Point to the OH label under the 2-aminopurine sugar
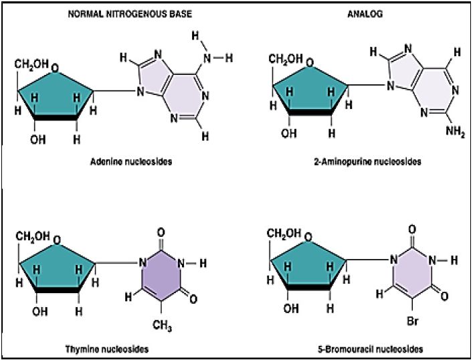coord(289,133)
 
